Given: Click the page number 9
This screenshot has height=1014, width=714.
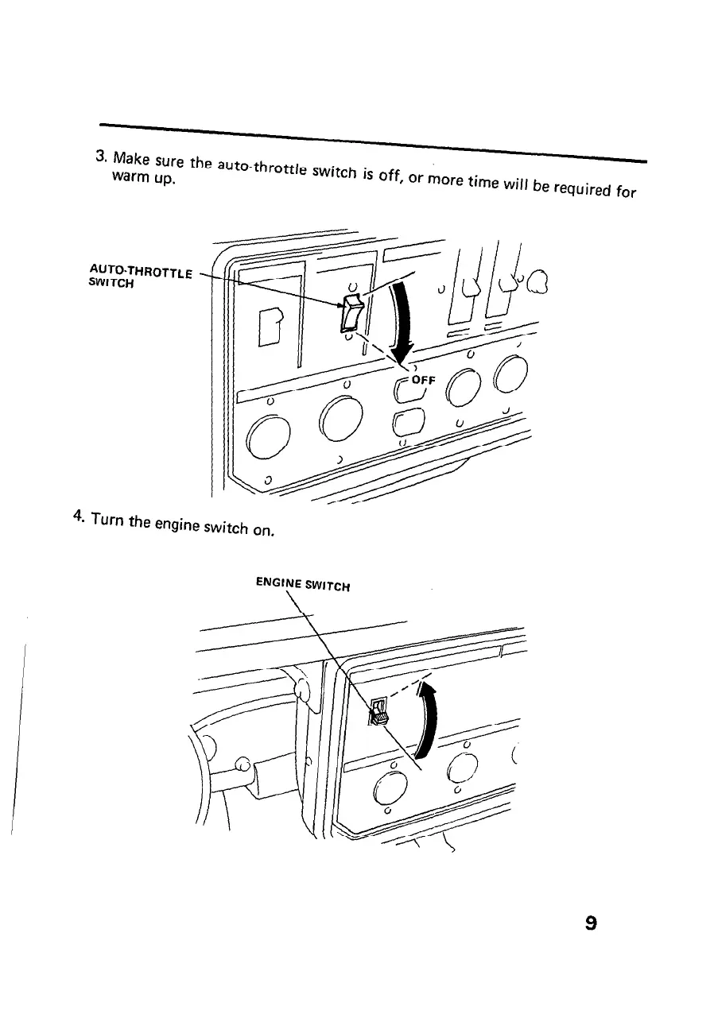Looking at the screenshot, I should tap(590, 923).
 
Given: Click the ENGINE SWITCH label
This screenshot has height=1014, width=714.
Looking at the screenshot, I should tap(305, 585).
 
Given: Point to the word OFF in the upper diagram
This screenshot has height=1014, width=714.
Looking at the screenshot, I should tap(423, 380).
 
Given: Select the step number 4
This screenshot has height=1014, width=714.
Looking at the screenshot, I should tap(76, 516).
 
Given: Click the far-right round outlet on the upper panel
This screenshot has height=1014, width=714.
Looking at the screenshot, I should tap(510, 373).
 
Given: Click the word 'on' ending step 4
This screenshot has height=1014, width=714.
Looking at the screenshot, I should tap(266, 530).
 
